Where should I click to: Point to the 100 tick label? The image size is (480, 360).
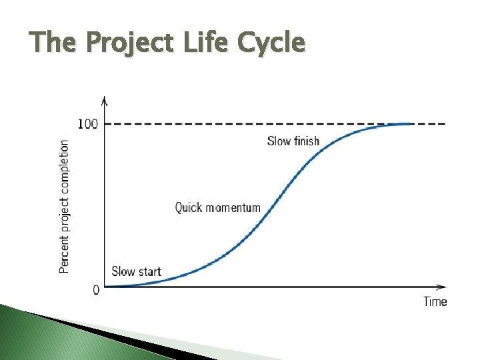88,124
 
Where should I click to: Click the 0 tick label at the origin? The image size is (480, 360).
96,289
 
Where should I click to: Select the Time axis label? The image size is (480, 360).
435,301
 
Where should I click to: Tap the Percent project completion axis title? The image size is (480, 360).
64,206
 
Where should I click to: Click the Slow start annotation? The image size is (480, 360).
136,271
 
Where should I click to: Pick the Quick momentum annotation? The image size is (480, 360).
217,208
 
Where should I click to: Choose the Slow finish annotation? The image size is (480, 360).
293,141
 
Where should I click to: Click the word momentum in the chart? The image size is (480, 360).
233,208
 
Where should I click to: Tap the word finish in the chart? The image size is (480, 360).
307,141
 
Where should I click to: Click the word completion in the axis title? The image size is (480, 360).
64,169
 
